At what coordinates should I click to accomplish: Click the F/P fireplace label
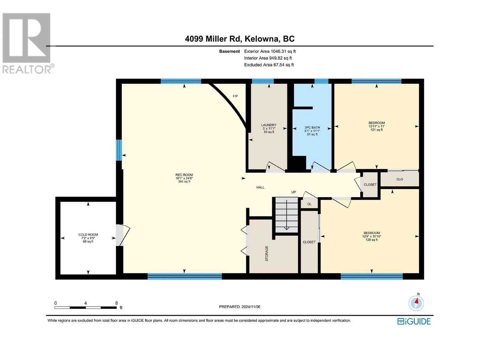235,96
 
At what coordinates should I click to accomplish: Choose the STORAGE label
267,253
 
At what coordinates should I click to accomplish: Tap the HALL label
260,187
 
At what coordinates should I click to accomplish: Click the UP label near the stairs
293,192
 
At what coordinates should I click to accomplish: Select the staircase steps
286,215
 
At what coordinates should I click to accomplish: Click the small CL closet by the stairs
309,204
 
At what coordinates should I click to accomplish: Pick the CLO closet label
400,179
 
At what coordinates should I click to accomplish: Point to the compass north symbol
416,302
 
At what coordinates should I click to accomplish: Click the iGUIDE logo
414,322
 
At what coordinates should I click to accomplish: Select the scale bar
86,307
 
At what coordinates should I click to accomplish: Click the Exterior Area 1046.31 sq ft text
270,51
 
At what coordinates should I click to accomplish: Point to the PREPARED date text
240,307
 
